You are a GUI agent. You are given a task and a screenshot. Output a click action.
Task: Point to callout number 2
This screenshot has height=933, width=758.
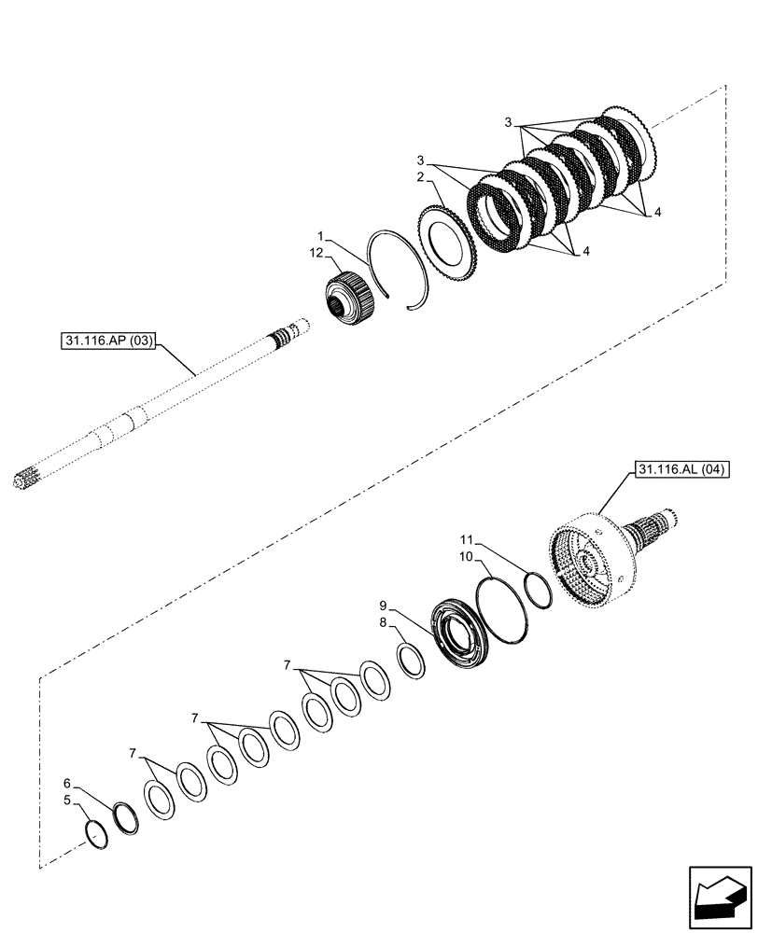click(422, 175)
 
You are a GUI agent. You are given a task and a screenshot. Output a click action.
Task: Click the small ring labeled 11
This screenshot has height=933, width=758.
click(536, 591)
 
